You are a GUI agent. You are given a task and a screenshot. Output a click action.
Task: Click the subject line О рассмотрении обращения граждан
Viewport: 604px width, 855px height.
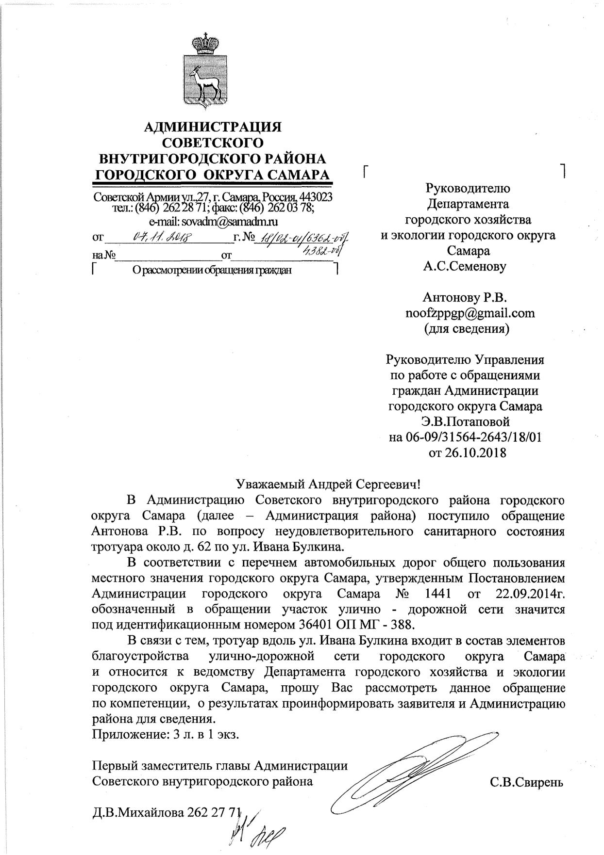212,271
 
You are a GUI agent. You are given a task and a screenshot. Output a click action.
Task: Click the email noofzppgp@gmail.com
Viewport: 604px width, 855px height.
470,313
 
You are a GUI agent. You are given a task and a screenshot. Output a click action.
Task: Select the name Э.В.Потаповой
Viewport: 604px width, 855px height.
466,421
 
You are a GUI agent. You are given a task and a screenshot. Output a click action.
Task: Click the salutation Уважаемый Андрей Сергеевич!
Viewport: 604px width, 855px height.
327,484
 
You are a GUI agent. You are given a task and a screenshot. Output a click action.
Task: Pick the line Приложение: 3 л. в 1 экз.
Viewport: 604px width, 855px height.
166,734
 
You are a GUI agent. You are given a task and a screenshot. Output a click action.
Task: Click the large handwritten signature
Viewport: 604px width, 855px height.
418,771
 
